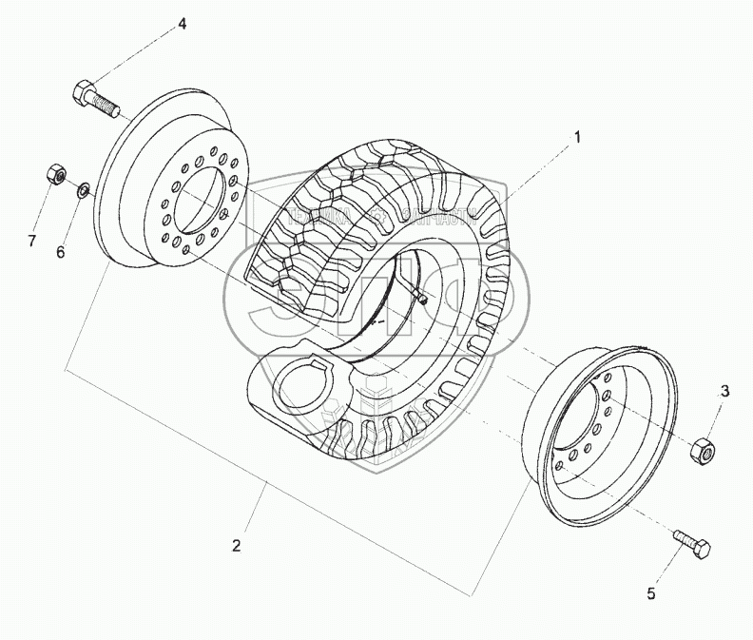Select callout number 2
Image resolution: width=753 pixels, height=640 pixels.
[237, 547]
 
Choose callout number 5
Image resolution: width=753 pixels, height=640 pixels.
[651, 594]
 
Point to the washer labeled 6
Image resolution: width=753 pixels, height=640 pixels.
[84, 190]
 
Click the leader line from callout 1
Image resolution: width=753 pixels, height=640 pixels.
[537, 167]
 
